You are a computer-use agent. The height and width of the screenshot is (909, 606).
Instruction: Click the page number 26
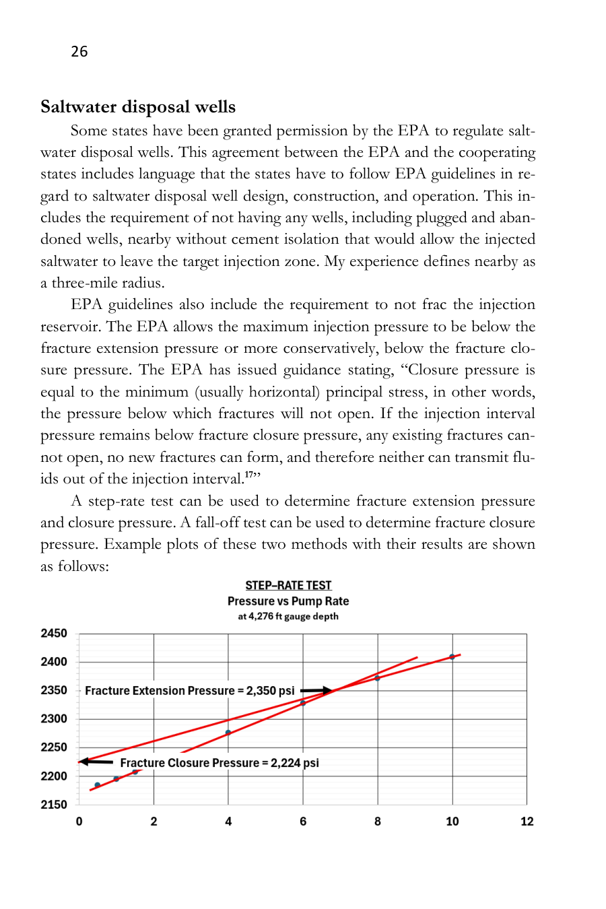(x=79, y=52)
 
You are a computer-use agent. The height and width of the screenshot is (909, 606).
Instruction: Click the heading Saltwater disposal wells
(x=138, y=107)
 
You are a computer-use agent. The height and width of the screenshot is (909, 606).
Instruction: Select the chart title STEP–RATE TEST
(x=288, y=586)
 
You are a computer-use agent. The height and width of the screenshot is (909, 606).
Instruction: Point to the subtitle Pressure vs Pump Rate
(x=288, y=601)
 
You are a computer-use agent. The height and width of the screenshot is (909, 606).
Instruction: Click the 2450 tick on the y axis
(x=54, y=634)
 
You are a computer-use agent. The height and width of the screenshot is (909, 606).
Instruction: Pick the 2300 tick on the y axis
(x=54, y=719)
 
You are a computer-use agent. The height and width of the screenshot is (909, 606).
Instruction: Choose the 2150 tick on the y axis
(x=54, y=805)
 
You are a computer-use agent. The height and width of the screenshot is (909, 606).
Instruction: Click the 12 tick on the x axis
(x=527, y=821)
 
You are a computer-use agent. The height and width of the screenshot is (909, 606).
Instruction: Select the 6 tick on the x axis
(x=303, y=821)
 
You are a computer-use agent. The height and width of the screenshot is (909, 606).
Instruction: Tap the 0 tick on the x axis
(x=79, y=821)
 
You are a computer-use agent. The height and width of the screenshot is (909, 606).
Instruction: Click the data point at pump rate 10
(x=452, y=656)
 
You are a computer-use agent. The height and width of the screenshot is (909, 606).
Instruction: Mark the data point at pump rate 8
(x=378, y=678)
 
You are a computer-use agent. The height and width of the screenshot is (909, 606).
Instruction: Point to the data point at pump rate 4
(x=228, y=733)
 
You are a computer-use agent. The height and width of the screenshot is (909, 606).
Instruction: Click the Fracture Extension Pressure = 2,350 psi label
(x=190, y=691)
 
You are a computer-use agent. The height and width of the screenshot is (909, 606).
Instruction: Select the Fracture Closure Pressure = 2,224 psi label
(x=220, y=763)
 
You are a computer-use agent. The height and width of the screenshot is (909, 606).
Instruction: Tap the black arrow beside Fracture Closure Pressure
(x=96, y=762)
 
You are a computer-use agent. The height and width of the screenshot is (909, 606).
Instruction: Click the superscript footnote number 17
(x=249, y=475)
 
